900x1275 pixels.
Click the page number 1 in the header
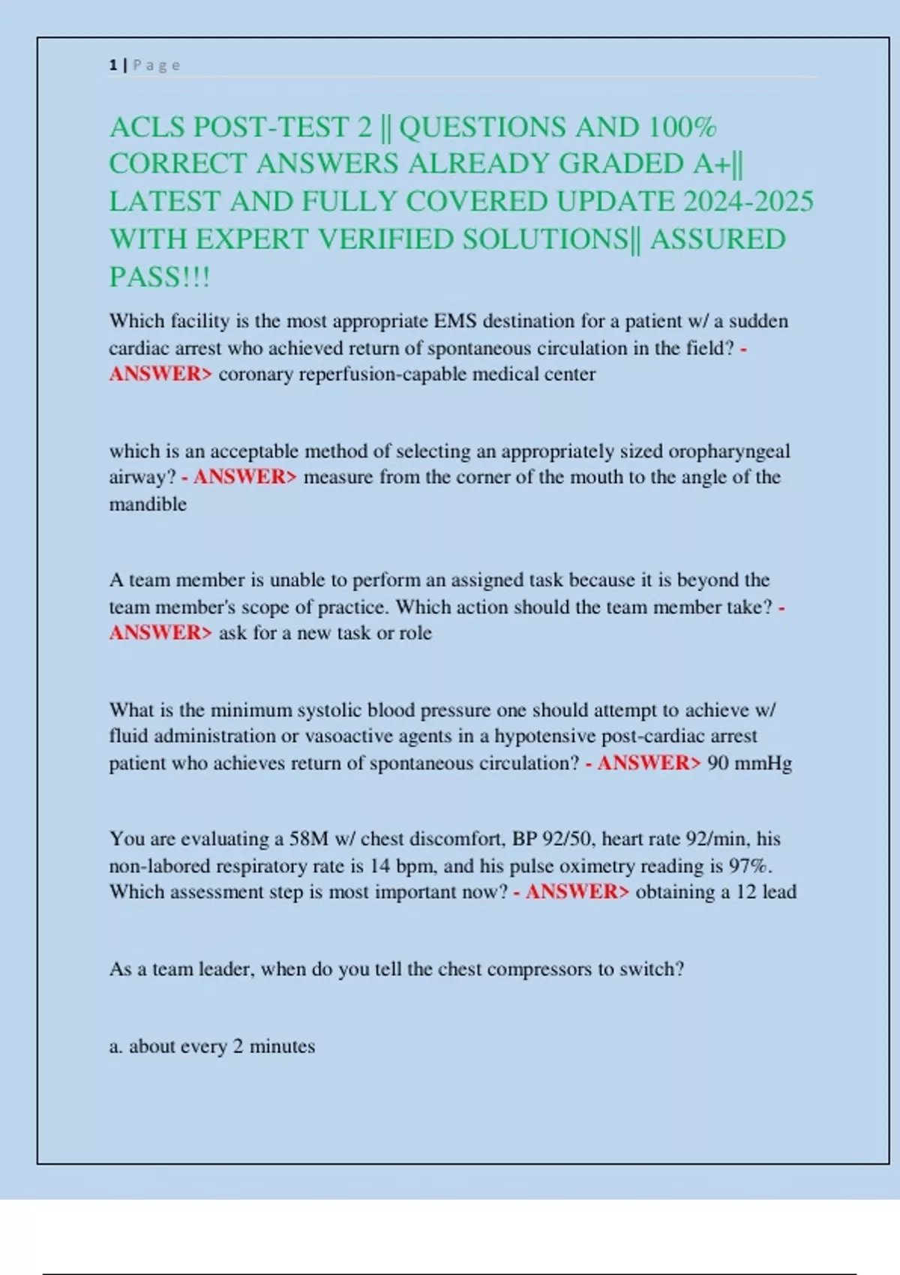[112, 65]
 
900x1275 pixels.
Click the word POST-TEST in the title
[283, 127]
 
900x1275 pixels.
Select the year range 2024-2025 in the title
[748, 202]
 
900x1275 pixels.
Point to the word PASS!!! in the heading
[160, 277]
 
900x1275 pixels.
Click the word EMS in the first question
[455, 321]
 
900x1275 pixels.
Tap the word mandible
[148, 504]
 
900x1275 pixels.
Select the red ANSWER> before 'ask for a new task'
[160, 633]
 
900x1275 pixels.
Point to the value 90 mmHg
[749, 763]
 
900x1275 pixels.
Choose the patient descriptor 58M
[309, 838]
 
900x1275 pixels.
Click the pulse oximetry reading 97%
[750, 866]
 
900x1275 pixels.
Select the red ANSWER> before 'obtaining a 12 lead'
[577, 892]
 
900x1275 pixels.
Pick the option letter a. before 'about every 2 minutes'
[116, 1046]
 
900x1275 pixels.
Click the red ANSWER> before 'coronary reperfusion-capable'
[160, 374]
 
